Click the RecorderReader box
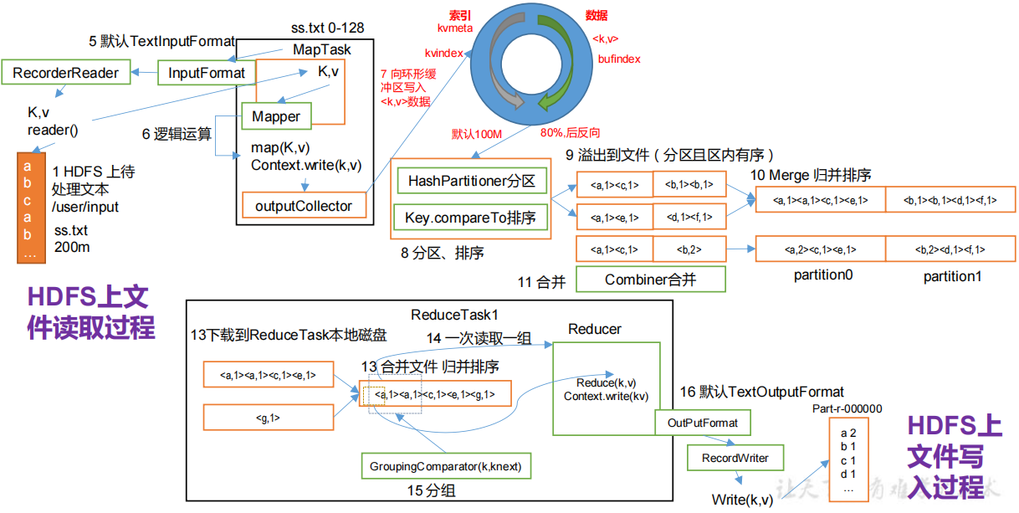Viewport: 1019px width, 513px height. pyautogui.click(x=66, y=73)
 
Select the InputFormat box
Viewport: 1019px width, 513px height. pyautogui.click(x=206, y=73)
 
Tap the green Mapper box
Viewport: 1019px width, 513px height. pyautogui.click(x=276, y=116)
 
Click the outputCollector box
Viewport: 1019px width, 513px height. pyautogui.click(x=304, y=206)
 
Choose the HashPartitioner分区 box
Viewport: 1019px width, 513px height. pyautogui.click(x=471, y=181)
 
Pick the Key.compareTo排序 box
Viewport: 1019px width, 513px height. pyautogui.click(x=471, y=218)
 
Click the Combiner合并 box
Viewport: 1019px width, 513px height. pyautogui.click(x=650, y=280)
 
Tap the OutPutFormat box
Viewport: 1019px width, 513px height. pyautogui.click(x=703, y=423)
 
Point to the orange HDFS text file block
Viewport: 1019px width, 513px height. pyautogui.click(x=28, y=208)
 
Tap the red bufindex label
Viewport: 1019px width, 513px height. pyautogui.click(x=619, y=59)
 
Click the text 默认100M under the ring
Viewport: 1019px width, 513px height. pyautogui.click(x=475, y=133)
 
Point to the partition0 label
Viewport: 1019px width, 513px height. pyautogui.click(x=822, y=275)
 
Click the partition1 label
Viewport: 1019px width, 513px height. pyautogui.click(x=952, y=275)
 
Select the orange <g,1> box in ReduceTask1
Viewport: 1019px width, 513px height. pyautogui.click(x=268, y=418)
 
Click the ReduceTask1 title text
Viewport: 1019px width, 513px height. pyautogui.click(x=454, y=315)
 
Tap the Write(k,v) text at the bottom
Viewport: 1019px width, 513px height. pyautogui.click(x=742, y=500)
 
